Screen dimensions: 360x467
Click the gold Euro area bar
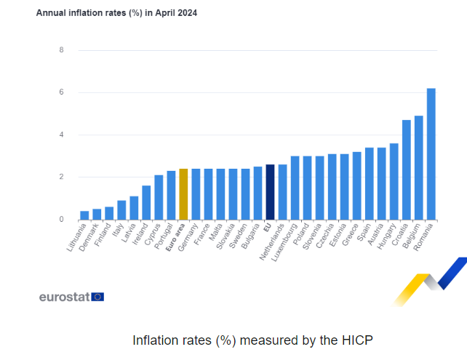pyautogui.click(x=183, y=194)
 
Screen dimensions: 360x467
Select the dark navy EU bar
pyautogui.click(x=270, y=192)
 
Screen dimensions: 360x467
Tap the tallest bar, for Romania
pyautogui.click(x=431, y=153)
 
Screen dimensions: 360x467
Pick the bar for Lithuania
pyautogui.click(x=84, y=215)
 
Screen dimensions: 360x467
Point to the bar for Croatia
pyautogui.click(x=406, y=169)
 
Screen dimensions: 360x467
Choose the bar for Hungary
pyautogui.click(x=394, y=181)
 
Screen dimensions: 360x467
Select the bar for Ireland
pyautogui.click(x=146, y=202)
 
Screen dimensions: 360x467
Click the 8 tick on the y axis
pyautogui.click(x=61, y=50)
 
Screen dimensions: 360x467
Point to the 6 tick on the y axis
pyautogui.click(x=61, y=92)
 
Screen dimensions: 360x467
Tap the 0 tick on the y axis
pyautogui.click(x=61, y=219)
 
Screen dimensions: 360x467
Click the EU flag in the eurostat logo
pyautogui.click(x=97, y=296)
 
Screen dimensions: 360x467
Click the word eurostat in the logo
pyautogui.click(x=64, y=297)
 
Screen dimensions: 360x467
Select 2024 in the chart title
pyautogui.click(x=185, y=13)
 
